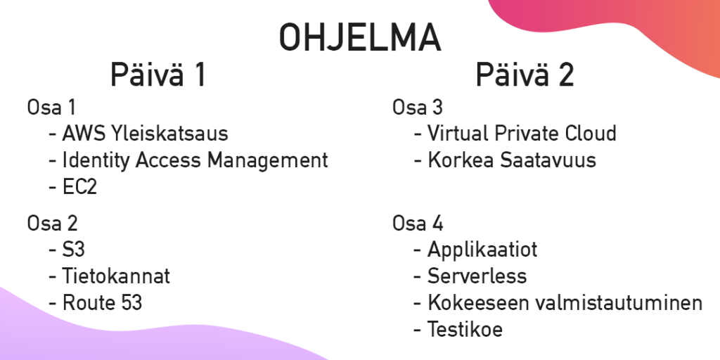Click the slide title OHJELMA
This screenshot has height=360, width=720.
click(360, 37)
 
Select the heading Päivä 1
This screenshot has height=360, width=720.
click(157, 75)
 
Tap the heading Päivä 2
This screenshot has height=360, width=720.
click(525, 75)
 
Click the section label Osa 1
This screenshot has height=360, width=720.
click(51, 108)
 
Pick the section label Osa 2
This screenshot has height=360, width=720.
click(52, 224)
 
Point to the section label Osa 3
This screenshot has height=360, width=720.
click(418, 108)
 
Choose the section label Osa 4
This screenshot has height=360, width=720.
click(418, 224)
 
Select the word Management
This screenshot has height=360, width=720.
click(268, 161)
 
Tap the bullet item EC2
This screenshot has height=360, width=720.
click(79, 187)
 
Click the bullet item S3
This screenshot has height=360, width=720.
click(73, 250)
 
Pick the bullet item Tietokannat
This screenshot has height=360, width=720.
click(116, 276)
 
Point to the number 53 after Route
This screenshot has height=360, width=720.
click(131, 303)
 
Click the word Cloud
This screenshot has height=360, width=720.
click(591, 133)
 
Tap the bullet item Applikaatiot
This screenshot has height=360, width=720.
click(482, 250)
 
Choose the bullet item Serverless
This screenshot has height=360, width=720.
click(477, 276)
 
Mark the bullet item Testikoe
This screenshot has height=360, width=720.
click(465, 329)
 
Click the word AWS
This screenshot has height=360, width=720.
click(84, 134)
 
